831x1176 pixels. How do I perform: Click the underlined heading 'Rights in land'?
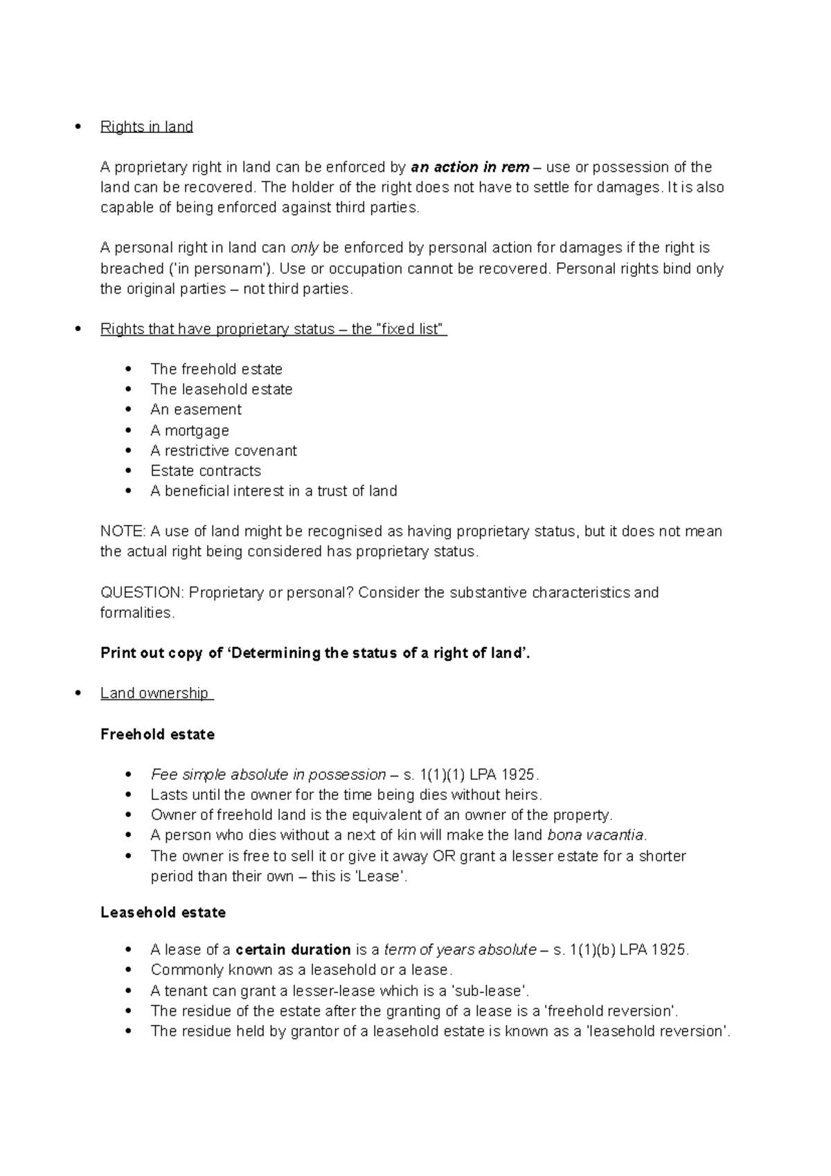(x=146, y=127)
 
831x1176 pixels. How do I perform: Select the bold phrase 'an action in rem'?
(x=470, y=167)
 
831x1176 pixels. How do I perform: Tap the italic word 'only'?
(x=305, y=248)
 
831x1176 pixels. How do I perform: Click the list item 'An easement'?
(x=196, y=409)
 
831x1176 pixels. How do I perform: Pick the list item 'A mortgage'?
(x=189, y=430)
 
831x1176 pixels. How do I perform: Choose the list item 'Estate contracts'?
(x=206, y=471)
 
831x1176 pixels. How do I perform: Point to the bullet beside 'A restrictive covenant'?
(x=129, y=451)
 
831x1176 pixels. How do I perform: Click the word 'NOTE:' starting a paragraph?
(x=123, y=531)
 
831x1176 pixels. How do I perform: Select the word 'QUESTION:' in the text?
(x=142, y=593)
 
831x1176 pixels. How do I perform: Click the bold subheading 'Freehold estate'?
(x=157, y=734)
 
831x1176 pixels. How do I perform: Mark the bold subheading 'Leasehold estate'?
(x=163, y=913)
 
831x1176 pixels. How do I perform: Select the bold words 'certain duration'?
(x=294, y=950)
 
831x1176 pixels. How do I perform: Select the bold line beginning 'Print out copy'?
(x=315, y=653)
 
